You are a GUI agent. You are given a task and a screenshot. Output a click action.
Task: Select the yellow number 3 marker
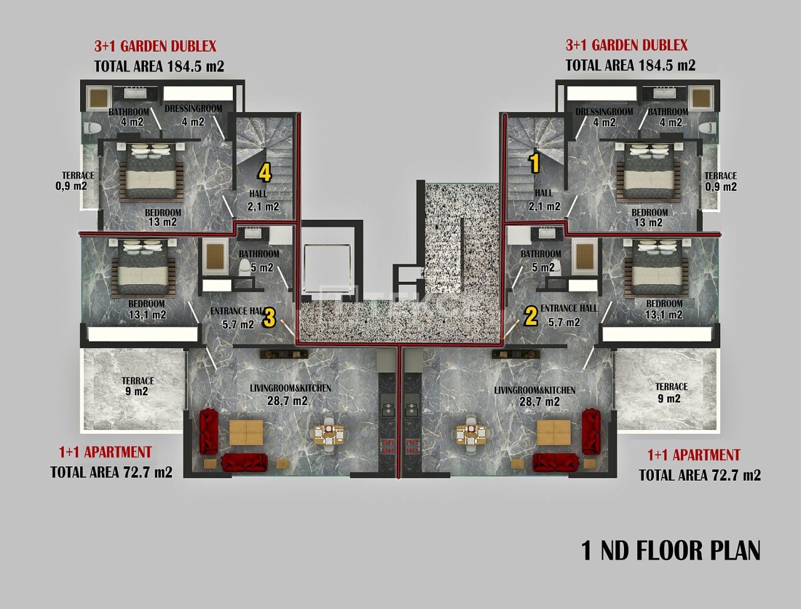pos(268,318)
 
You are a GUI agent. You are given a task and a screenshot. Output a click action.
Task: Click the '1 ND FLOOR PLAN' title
pos(671,551)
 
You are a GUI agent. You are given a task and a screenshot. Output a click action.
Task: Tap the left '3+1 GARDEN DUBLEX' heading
pos(155,46)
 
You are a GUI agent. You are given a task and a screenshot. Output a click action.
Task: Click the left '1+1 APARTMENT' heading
pos(105,452)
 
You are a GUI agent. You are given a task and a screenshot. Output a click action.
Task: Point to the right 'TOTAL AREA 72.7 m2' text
pos(700,475)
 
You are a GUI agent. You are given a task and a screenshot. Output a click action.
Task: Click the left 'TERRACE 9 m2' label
pos(137,386)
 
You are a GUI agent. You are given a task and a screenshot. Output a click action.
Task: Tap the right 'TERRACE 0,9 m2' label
pos(720,182)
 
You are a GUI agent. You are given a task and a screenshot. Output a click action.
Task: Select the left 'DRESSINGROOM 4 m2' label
pos(193,115)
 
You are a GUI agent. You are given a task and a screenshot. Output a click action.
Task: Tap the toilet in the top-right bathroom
pos(708,128)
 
